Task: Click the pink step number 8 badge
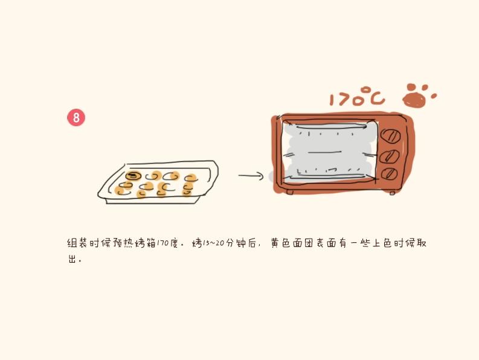coord(76,118)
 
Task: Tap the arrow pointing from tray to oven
coord(251,176)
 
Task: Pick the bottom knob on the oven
coord(390,174)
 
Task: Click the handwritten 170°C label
coord(356,97)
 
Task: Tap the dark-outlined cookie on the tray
coord(133,176)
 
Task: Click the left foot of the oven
coord(290,192)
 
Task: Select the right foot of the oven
coord(392,193)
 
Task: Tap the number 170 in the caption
coord(163,243)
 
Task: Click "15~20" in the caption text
coord(214,243)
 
